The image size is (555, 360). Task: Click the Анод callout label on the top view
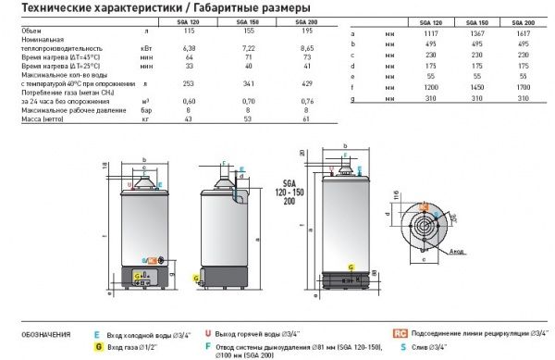click(x=505, y=250)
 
